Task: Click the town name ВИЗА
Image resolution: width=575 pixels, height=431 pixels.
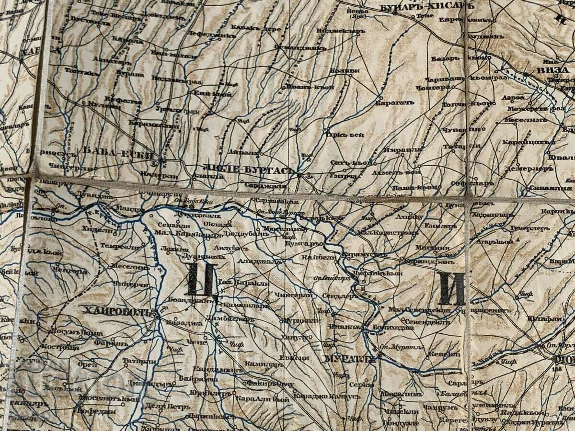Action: coord(556,70)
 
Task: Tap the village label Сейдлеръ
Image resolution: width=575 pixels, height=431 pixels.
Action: coord(338,296)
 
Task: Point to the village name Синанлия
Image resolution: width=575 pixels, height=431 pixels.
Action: coord(544,188)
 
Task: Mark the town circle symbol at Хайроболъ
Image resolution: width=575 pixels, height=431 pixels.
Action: coord(156,316)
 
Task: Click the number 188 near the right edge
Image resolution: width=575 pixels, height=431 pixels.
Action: coord(557,370)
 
